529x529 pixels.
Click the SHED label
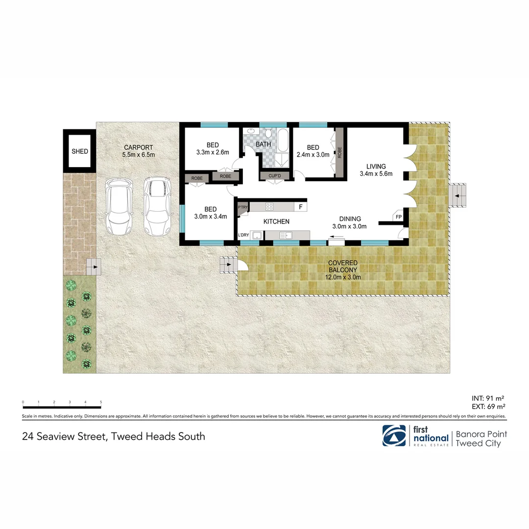(x=80, y=151)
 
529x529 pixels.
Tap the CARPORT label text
(x=139, y=147)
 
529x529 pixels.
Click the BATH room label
(x=263, y=144)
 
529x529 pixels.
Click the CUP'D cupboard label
(x=271, y=176)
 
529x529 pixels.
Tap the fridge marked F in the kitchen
(x=300, y=207)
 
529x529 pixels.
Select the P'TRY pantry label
(x=242, y=207)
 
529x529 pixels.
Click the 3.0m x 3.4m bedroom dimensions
(x=210, y=216)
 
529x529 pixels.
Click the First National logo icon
(x=395, y=435)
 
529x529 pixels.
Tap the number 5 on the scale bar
(x=101, y=402)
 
